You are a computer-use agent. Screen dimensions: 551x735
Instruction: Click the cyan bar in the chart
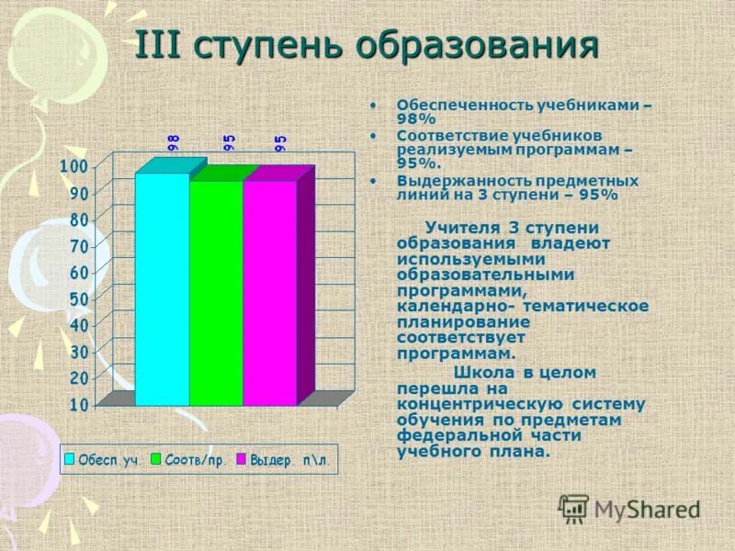point(162,289)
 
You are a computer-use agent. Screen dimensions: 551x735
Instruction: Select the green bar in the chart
point(216,293)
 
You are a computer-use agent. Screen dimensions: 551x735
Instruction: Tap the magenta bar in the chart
point(270,293)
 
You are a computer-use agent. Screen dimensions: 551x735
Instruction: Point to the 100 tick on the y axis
point(74,166)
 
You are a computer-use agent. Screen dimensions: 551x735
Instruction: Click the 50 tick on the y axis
point(79,299)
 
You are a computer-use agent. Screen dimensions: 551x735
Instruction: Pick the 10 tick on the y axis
point(79,405)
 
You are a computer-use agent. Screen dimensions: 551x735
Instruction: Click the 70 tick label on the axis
point(79,246)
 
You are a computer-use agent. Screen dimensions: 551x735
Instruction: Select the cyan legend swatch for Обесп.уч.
point(70,458)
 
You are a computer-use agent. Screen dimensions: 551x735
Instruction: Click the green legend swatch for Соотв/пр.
point(156,458)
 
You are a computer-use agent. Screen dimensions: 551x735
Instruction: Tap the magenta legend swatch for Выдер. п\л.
point(243,458)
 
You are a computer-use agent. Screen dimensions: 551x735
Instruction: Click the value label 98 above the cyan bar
point(173,141)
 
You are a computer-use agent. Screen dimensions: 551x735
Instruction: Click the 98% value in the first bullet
point(415,119)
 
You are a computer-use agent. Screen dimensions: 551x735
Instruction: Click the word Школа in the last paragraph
point(482,373)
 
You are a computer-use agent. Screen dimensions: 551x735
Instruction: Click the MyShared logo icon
point(574,508)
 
